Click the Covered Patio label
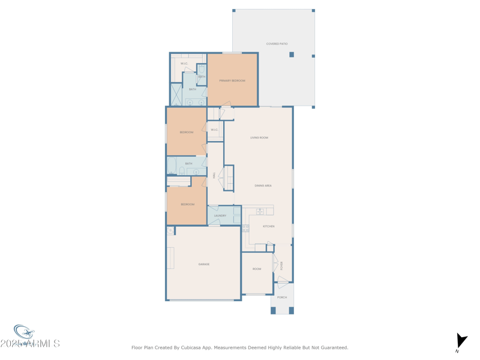coord(277,44)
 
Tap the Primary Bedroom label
coord(232,80)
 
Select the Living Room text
coord(259,137)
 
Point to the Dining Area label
coord(263,185)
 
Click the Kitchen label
coord(268,226)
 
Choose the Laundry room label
coord(220,215)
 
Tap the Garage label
coord(204,264)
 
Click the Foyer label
coord(281,265)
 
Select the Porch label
coord(282,297)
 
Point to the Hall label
coord(215,175)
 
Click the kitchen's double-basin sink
coord(260,211)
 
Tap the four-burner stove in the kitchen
coord(245,228)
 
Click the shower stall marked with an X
coord(176,94)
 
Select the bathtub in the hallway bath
coord(172,166)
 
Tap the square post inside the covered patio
coord(292,55)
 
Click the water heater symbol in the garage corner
coord(171,231)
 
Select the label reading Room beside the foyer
coord(257,269)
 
